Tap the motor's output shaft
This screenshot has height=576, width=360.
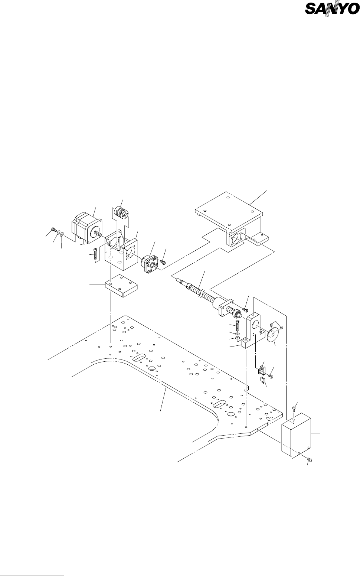99,233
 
